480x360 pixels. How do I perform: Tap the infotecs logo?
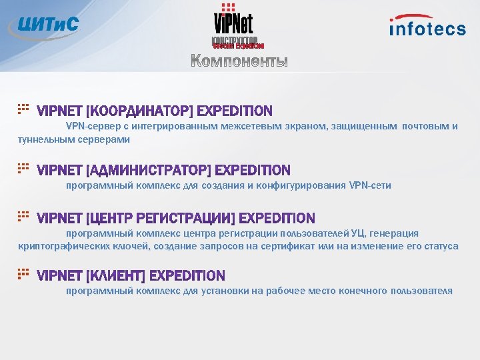(427, 26)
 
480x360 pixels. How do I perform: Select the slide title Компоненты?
(239, 62)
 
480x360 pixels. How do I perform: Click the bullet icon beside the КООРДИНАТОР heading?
(23, 107)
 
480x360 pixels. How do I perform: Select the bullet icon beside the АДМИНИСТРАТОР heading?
(23, 167)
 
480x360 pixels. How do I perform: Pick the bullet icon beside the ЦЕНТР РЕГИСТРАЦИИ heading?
(23, 215)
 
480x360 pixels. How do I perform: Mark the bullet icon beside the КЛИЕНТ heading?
(23, 273)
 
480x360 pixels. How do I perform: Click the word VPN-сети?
(370, 185)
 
